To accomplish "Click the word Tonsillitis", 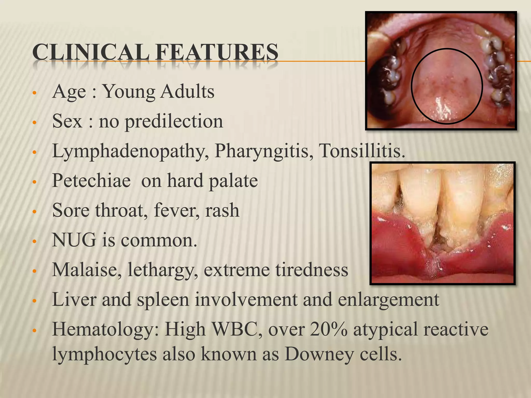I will tap(362, 151).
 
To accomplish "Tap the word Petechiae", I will tap(91, 181).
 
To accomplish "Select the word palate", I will tap(233, 181).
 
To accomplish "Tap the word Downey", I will tap(319, 354).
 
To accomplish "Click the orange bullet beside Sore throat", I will tap(34, 211).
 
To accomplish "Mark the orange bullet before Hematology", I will tap(34, 331).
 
